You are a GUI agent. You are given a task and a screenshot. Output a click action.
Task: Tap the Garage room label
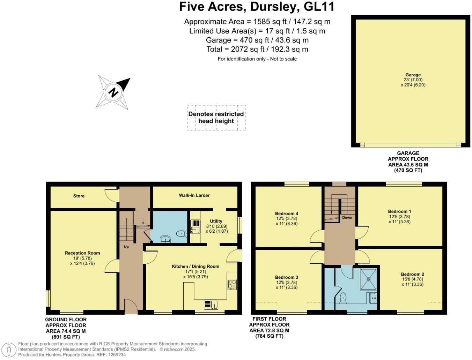coord(413,75)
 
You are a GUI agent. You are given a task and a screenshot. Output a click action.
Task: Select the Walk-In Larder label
coord(194,195)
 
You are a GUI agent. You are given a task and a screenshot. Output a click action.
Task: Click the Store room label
coord(79,196)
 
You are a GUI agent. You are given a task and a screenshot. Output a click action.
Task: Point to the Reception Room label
coord(82,253)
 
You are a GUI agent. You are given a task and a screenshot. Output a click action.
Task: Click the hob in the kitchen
coord(232,284)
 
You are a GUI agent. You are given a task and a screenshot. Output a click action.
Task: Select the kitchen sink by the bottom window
coord(211,305)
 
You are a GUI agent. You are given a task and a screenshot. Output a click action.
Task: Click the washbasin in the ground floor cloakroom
coord(165,239)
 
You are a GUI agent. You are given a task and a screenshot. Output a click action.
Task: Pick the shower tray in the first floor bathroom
coord(369,279)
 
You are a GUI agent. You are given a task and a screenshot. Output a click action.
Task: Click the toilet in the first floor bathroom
coord(343,297)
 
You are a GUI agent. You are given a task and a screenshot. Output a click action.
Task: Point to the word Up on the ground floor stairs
coord(126,247)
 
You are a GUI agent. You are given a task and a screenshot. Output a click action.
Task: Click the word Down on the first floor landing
coord(347,217)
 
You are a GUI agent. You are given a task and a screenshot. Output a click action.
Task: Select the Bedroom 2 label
coord(412,274)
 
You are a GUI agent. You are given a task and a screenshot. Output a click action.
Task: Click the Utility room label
coord(216,221)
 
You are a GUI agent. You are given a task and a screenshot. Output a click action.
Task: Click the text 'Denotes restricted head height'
coord(216,118)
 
